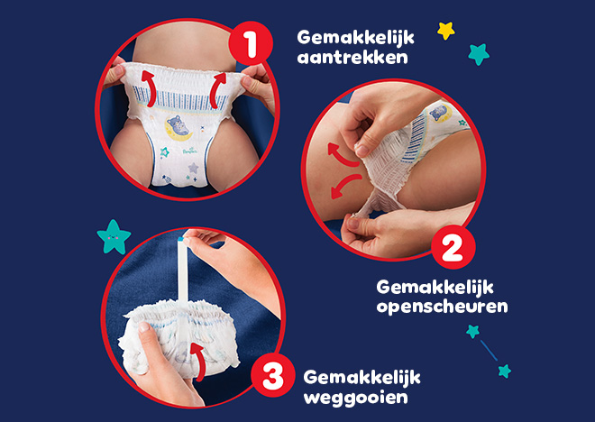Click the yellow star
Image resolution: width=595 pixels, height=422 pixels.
click(445, 31)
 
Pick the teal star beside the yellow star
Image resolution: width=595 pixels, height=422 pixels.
click(479, 54)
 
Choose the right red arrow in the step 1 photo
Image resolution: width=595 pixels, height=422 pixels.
click(216, 90)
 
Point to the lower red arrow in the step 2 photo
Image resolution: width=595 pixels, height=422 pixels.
click(342, 188)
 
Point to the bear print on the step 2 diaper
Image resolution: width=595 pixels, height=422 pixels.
click(440, 115)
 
